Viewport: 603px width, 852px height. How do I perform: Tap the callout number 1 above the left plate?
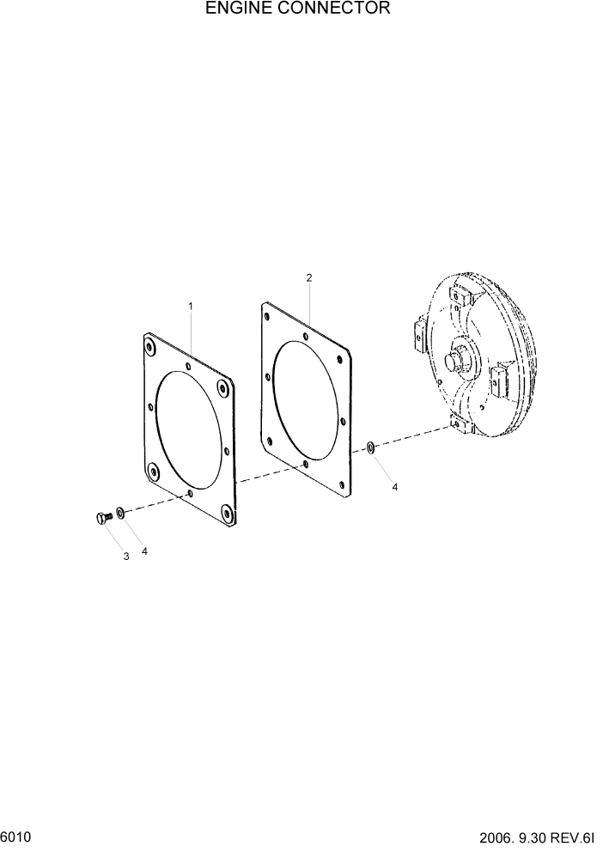pyautogui.click(x=191, y=306)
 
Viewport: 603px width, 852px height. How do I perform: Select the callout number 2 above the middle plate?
pyautogui.click(x=308, y=277)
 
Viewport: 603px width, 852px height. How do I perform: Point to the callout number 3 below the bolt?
pyautogui.click(x=125, y=557)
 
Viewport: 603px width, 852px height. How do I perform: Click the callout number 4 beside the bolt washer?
pyautogui.click(x=144, y=551)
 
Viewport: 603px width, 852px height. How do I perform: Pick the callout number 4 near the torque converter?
pyautogui.click(x=395, y=487)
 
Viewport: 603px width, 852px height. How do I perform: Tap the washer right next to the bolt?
pyautogui.click(x=121, y=513)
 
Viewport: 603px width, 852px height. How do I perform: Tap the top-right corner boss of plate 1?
pyautogui.click(x=224, y=386)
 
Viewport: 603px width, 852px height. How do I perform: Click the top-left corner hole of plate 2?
pyautogui.click(x=268, y=317)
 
